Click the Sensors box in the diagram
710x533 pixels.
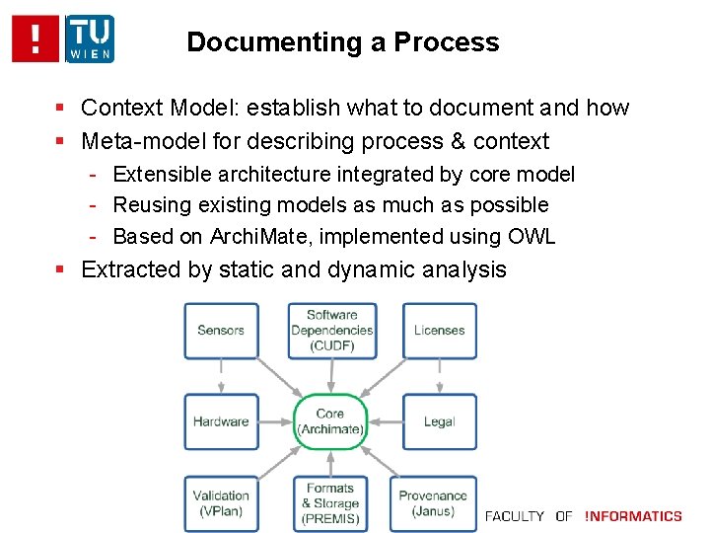221,330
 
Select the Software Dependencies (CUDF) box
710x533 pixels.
331,330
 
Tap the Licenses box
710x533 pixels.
439,330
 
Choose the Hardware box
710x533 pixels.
221,421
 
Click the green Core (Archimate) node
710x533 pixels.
330,421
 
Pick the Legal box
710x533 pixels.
439,421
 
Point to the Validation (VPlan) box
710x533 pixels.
221,503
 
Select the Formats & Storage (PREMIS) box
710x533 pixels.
330,503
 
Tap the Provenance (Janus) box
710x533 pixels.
433,503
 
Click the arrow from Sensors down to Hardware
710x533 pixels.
221,376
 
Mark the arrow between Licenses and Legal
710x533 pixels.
439,376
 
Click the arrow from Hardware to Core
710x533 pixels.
276,421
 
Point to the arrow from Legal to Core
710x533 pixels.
385,421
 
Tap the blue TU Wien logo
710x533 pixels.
90,38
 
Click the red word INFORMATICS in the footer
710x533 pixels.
633,516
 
